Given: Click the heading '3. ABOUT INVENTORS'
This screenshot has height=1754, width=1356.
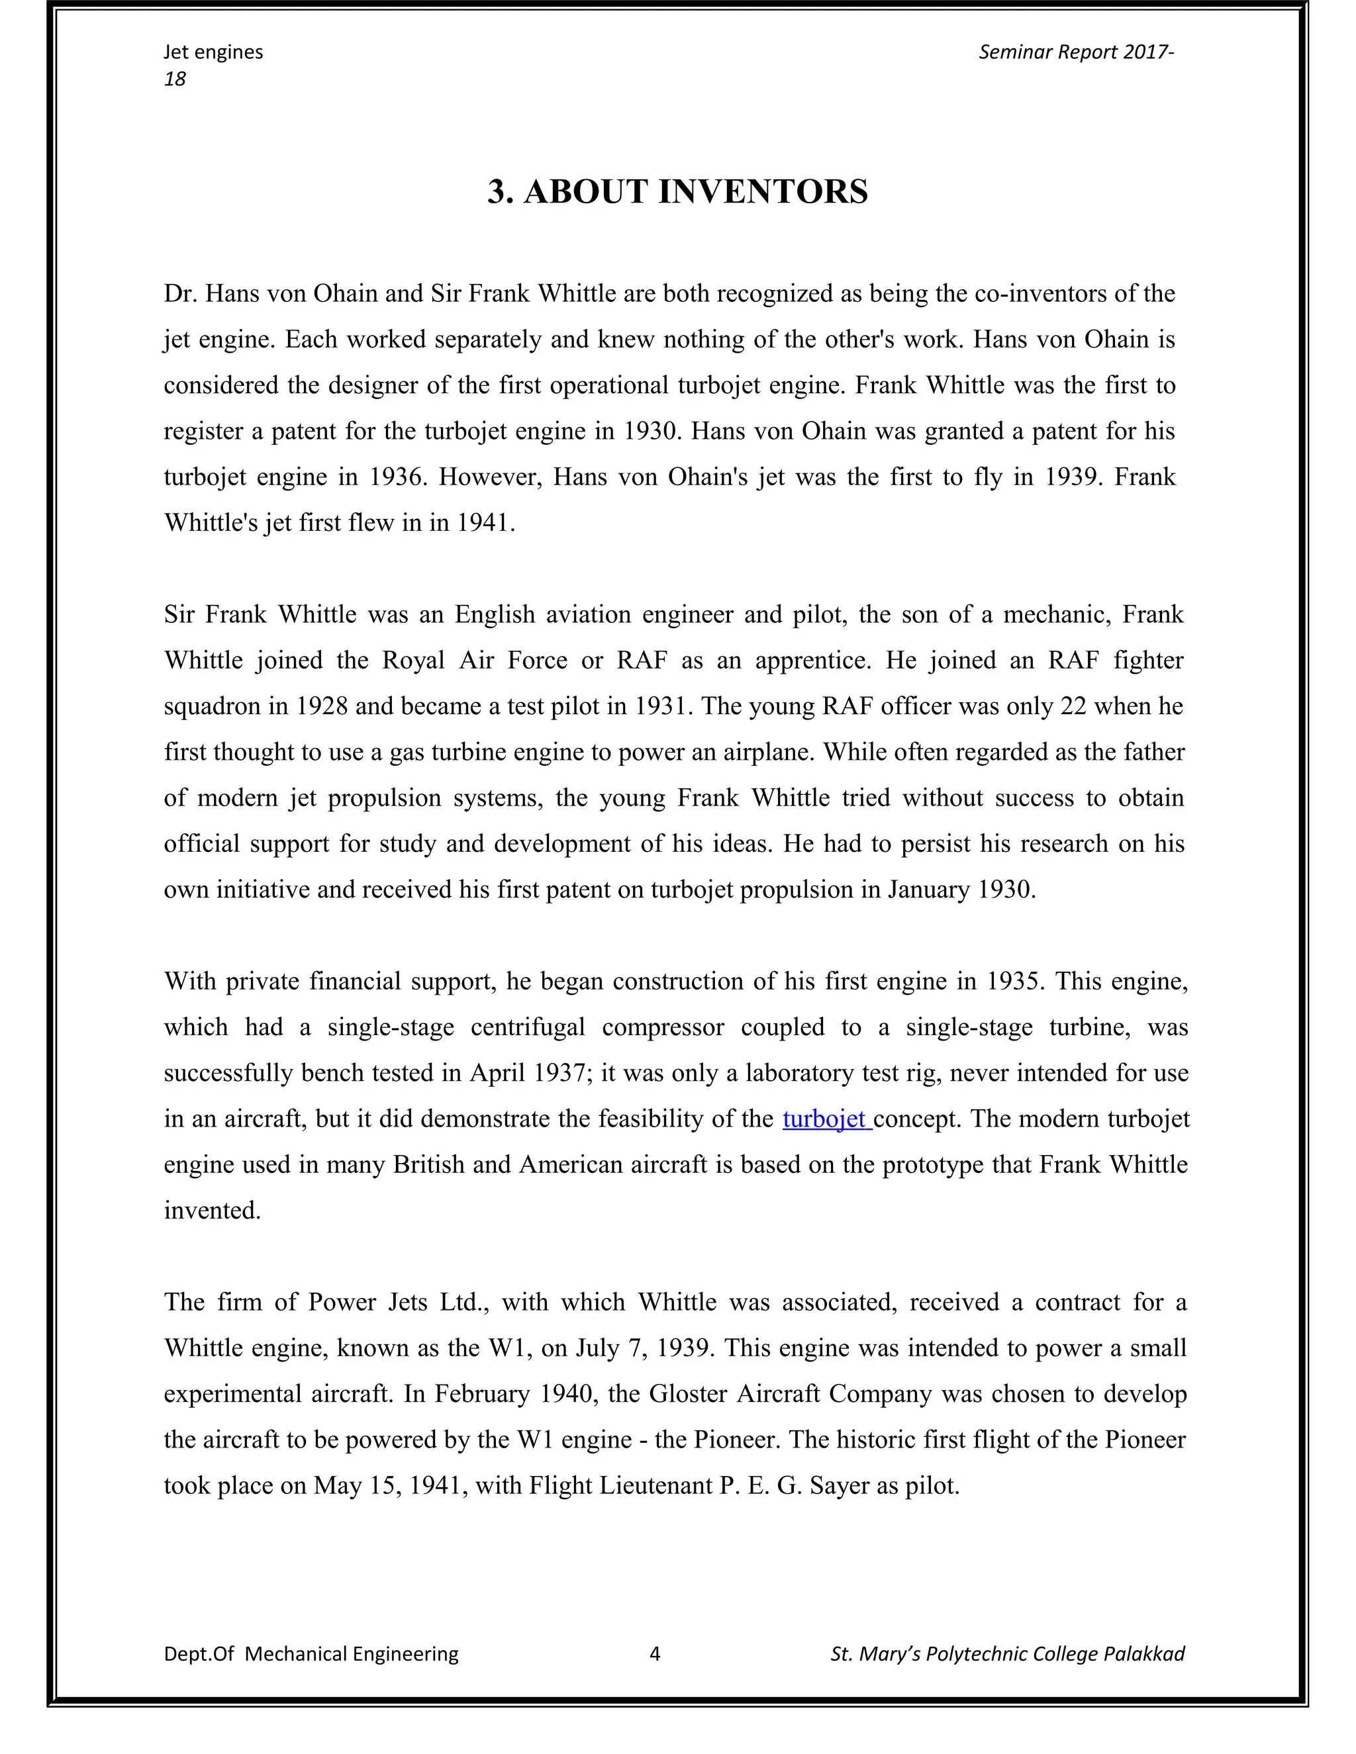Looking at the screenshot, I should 677,192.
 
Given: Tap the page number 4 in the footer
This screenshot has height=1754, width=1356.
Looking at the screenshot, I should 655,1653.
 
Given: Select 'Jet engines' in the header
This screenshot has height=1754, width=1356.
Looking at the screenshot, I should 213,52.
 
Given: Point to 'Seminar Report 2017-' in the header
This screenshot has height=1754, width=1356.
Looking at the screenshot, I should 1076,52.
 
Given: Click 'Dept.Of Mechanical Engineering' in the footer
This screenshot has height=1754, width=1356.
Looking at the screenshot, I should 311,1653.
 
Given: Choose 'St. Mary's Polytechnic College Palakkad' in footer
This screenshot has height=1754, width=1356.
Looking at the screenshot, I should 1007,1653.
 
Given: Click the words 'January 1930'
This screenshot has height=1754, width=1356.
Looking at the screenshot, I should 960,890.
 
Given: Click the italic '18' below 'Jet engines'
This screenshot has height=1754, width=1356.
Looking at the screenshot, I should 174,79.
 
